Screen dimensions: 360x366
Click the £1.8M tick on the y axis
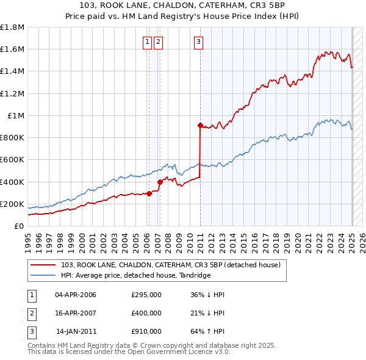[x=12, y=27]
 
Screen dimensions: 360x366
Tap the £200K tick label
[x=12, y=204]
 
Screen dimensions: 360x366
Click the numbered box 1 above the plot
[x=148, y=42]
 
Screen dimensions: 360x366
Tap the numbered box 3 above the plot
[x=199, y=42]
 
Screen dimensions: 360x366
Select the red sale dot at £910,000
[x=199, y=125]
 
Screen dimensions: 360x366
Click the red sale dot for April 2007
[x=160, y=182]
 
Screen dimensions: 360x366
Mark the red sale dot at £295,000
[x=149, y=193]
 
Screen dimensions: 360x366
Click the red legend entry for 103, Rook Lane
[x=170, y=265]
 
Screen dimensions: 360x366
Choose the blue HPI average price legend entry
[x=135, y=276]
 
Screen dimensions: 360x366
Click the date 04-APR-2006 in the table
[x=76, y=295]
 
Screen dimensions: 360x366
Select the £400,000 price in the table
[x=146, y=313]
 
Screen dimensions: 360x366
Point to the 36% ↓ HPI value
[x=207, y=295]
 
